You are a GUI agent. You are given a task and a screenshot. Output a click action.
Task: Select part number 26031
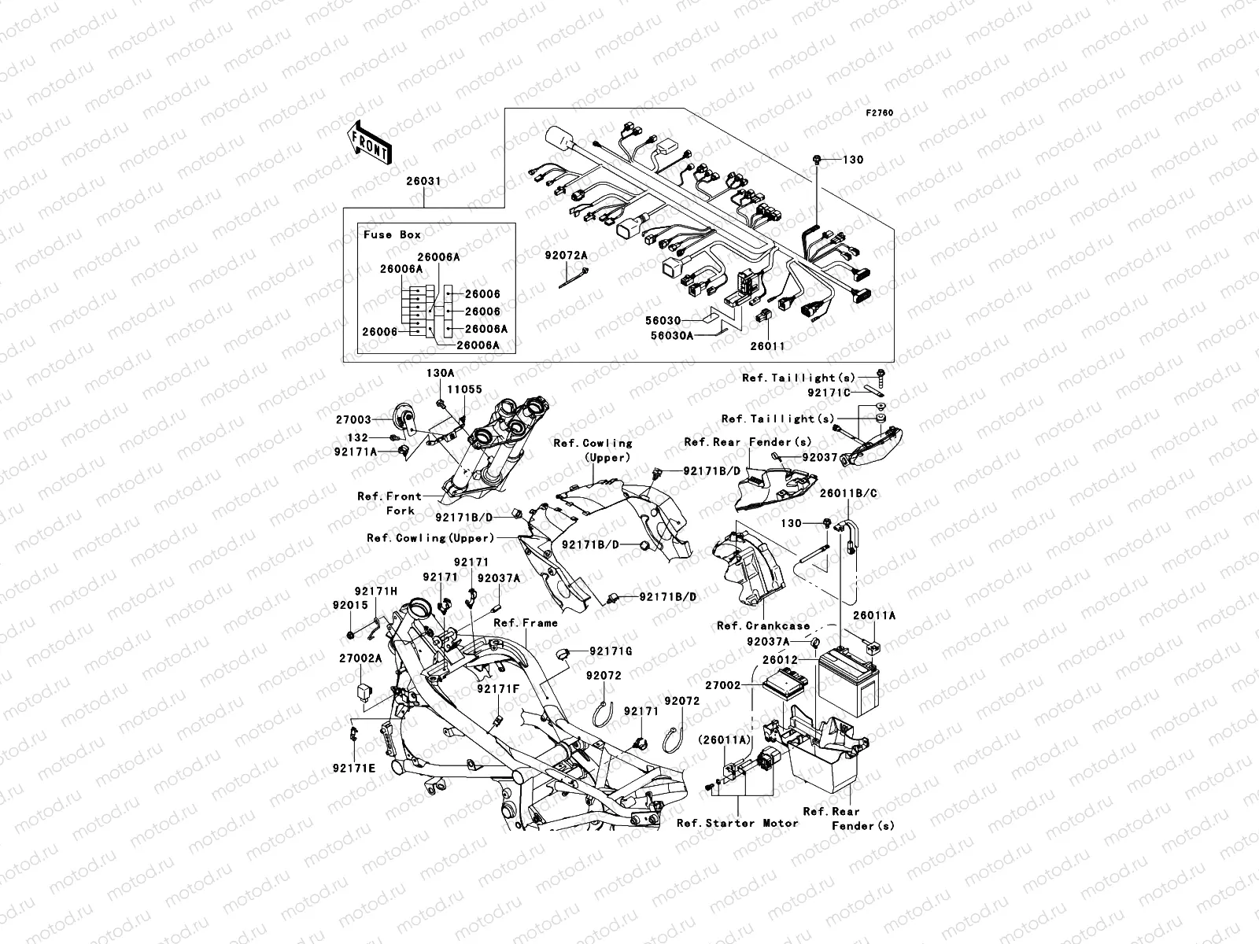(423, 181)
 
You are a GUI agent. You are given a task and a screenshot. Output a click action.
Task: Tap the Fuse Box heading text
(392, 234)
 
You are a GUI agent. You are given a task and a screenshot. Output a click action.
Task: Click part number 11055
(465, 389)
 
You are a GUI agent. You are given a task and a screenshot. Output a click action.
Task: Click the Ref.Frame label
(526, 622)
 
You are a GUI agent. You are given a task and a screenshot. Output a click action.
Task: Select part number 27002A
(360, 658)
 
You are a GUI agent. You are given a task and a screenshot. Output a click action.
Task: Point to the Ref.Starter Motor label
(737, 823)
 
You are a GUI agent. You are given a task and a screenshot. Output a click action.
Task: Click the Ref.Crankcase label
(763, 626)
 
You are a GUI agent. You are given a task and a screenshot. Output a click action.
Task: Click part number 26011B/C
(849, 493)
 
